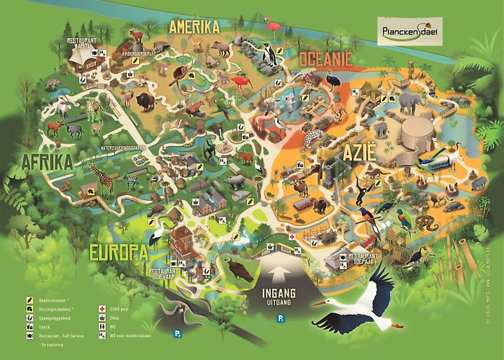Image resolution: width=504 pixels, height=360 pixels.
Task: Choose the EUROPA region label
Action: pyautogui.click(x=119, y=252)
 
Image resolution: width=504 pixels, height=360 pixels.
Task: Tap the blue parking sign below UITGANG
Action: pyautogui.click(x=273, y=318)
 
